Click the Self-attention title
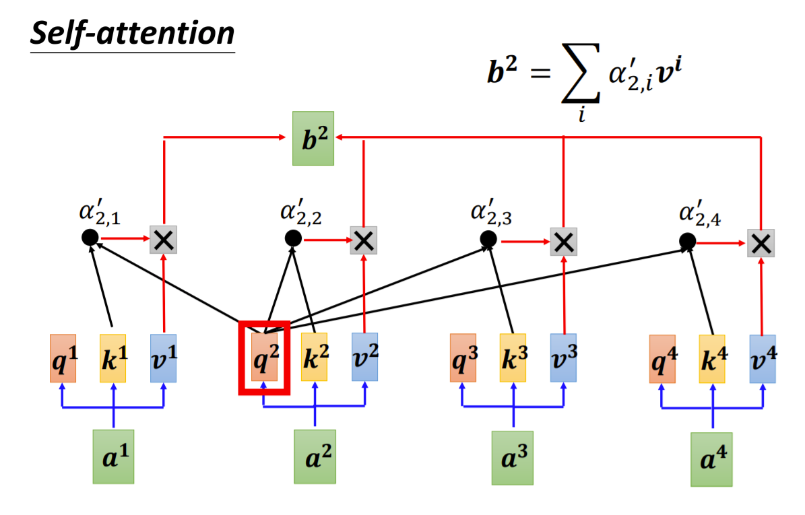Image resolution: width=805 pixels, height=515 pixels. point(133,33)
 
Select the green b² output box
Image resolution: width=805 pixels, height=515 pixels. point(313,138)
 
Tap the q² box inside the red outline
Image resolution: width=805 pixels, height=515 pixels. point(264,357)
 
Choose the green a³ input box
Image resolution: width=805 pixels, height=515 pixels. point(512,458)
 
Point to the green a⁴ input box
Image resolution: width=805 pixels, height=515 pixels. point(712,460)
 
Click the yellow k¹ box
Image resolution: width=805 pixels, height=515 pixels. point(113,358)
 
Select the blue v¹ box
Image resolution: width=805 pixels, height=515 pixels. point(164,358)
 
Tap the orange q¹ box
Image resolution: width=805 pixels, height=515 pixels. point(63,358)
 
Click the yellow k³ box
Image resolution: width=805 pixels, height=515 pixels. point(513,358)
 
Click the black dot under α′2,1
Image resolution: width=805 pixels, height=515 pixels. point(90,237)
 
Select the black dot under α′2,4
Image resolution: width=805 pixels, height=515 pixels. point(687,240)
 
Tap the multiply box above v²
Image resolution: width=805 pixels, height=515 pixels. point(364,240)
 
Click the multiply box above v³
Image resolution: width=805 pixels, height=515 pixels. point(563,241)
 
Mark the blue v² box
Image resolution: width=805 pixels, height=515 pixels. point(364,357)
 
